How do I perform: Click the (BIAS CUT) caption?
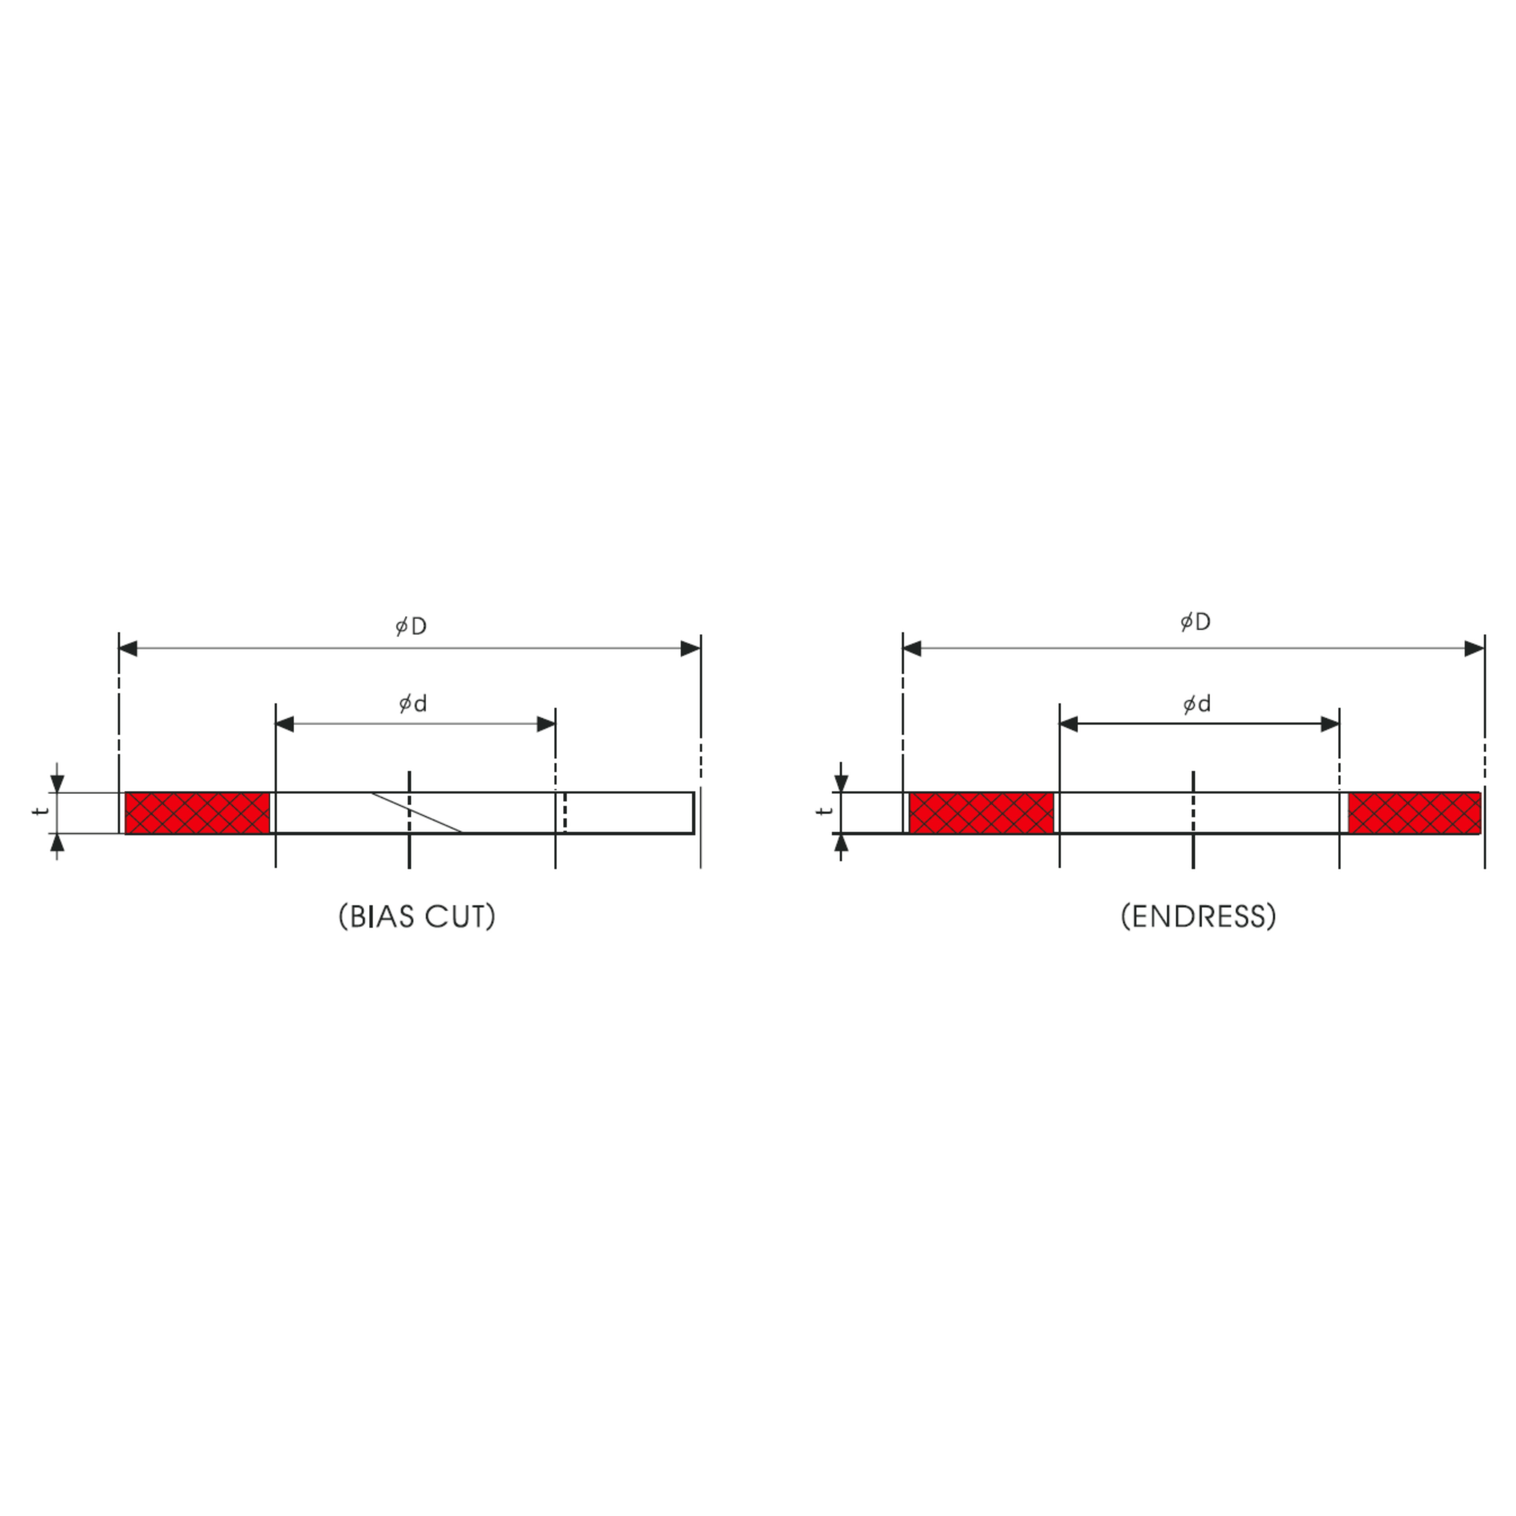416,916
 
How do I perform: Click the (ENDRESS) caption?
1198,916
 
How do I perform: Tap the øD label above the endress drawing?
1195,622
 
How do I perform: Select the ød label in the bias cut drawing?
413,703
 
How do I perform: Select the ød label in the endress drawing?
1196,704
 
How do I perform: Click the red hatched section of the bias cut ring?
198,813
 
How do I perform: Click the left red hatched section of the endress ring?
981,813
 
